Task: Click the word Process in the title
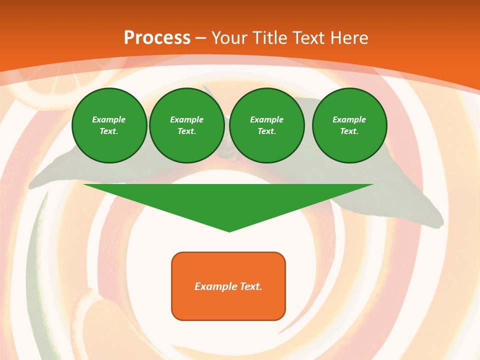coord(157,38)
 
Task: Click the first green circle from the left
coord(109,125)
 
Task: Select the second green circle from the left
coord(186,125)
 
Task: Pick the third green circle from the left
coord(266,125)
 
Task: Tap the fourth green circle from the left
coord(349,125)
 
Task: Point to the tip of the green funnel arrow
coord(229,230)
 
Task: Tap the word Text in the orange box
coord(250,286)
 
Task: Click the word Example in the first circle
coord(109,119)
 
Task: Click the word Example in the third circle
coord(266,119)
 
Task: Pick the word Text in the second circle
coord(186,131)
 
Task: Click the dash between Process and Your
coord(200,38)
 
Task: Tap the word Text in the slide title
coord(308,38)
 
